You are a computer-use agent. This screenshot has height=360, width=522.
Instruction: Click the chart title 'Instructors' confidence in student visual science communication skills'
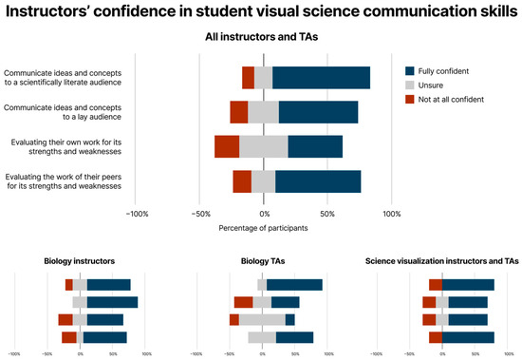(260, 12)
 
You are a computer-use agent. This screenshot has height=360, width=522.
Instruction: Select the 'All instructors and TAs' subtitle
(260, 37)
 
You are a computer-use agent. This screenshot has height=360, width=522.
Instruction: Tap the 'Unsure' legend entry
(433, 85)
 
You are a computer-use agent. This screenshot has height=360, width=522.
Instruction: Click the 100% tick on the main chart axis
(391, 214)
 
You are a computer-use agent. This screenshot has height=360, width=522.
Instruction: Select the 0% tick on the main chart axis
(263, 214)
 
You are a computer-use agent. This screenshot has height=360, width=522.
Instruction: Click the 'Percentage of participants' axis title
(263, 228)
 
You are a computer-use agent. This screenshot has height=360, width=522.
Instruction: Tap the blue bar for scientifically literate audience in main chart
(321, 78)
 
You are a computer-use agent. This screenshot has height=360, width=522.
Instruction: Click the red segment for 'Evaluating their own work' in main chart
(227, 146)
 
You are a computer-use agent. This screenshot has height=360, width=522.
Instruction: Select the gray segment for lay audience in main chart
(263, 112)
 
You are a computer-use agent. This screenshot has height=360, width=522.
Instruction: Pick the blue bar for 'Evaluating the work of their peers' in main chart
(318, 180)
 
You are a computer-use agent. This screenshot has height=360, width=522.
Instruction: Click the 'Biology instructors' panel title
(80, 261)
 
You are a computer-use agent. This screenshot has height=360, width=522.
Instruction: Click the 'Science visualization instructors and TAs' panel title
(442, 261)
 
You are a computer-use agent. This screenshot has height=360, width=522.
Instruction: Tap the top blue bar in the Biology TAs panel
(294, 285)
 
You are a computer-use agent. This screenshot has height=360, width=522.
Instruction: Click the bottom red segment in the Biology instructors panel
(69, 337)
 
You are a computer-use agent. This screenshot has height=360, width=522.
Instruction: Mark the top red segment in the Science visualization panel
(436, 285)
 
